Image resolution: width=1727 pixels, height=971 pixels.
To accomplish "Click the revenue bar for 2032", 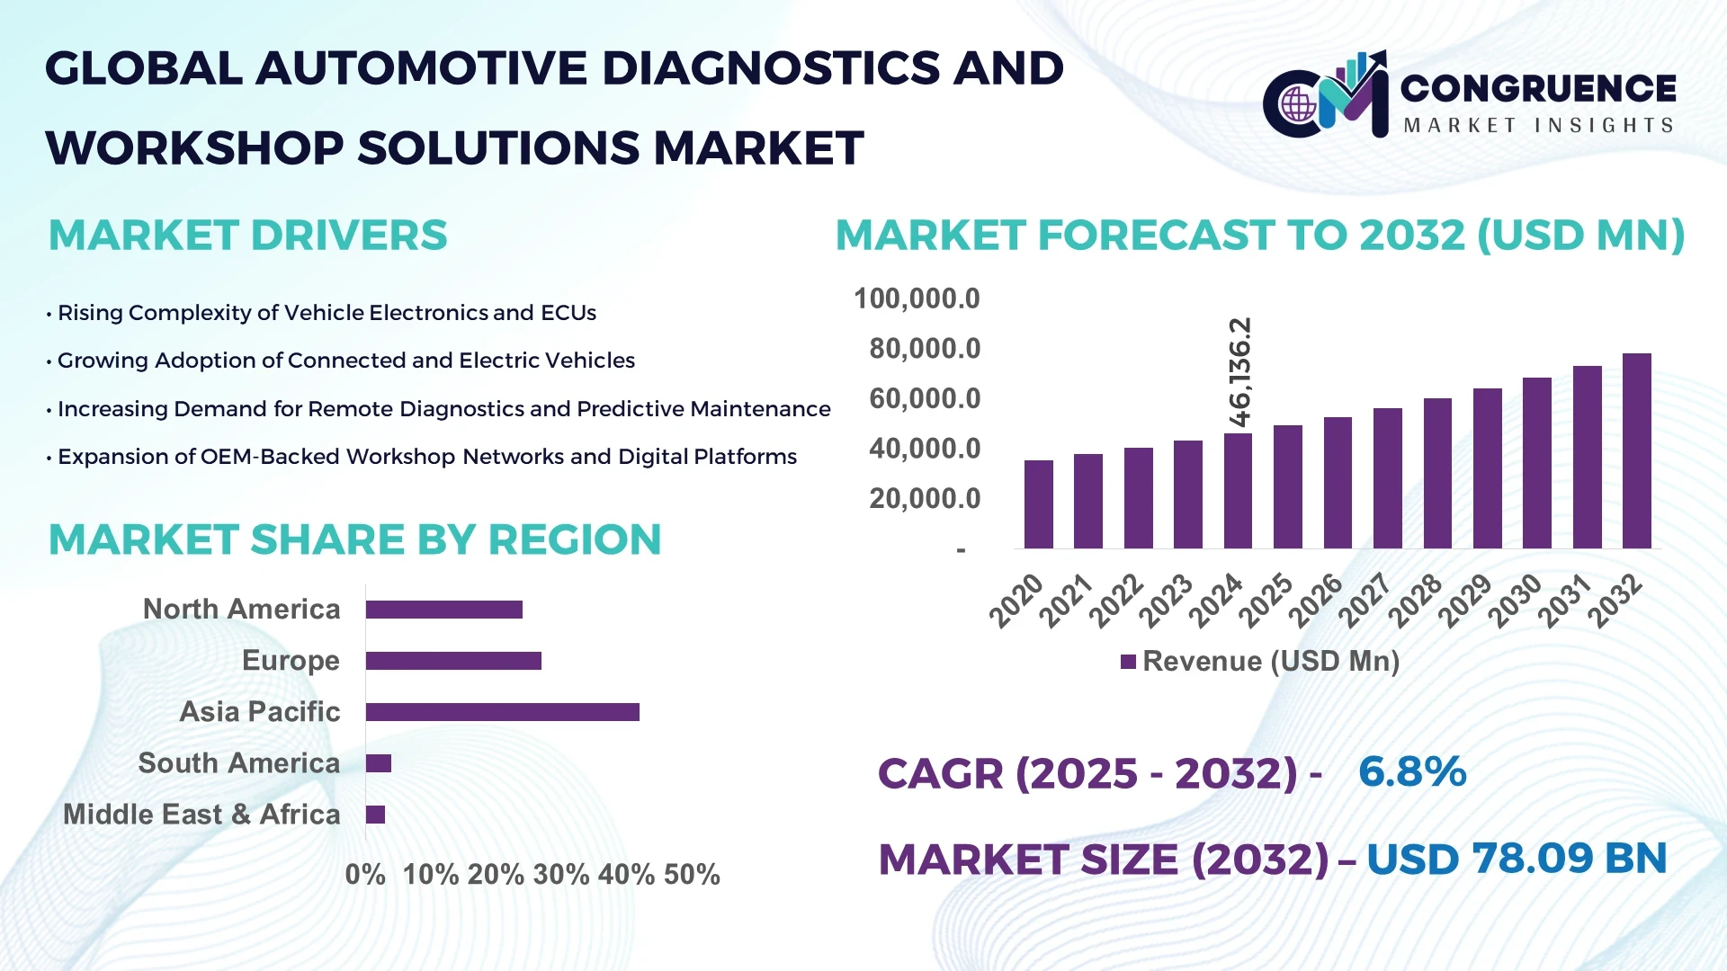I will tap(1636, 451).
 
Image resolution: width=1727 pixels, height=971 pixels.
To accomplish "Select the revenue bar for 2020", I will tap(1038, 504).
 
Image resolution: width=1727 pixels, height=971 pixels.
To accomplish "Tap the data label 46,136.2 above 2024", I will tap(1239, 372).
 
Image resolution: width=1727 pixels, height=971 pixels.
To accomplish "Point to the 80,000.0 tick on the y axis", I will tap(925, 349).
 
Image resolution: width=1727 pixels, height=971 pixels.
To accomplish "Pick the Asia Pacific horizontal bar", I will tap(502, 712).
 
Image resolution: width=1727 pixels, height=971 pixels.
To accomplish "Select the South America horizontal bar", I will tap(379, 763).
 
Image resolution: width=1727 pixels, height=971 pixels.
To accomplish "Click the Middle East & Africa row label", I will tap(201, 815).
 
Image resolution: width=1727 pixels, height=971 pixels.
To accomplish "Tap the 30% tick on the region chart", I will tap(561, 874).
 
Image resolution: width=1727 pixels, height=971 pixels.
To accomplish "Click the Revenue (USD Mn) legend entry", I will tap(1259, 662).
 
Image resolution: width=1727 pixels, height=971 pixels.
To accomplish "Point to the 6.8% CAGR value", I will tap(1412, 772).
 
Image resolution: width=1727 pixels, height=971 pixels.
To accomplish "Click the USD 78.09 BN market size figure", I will tap(1517, 859).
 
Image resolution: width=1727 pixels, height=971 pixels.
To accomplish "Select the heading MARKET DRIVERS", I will tap(247, 236).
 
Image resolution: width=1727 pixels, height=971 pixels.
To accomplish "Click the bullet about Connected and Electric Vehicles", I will tap(345, 361).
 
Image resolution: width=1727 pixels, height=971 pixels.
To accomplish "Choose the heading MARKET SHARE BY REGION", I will tap(354, 540).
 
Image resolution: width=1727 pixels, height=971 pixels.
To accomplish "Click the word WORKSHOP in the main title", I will tap(194, 148).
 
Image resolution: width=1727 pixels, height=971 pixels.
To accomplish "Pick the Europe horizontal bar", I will tap(453, 661).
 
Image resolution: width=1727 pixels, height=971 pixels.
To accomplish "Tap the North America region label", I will tap(241, 610).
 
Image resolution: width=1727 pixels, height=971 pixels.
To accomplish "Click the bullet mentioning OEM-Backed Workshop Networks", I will tap(426, 457).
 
